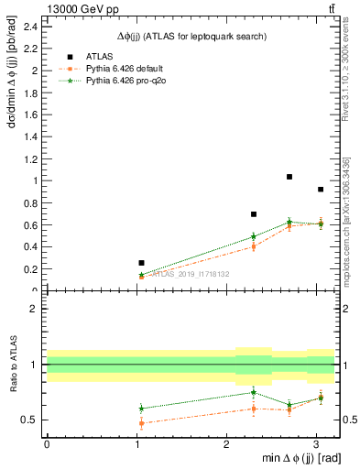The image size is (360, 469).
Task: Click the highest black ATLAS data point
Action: click(289, 177)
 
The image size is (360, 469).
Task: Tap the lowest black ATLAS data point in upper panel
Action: click(141, 263)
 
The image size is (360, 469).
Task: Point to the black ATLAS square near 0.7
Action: click(254, 214)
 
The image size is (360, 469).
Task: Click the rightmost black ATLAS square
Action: click(320, 190)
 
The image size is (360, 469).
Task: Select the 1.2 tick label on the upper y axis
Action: click(32, 158)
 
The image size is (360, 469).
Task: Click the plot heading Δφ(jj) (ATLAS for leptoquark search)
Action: click(191, 37)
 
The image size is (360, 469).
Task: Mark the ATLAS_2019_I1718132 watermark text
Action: click(191, 274)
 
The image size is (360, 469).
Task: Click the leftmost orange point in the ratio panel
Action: click(141, 423)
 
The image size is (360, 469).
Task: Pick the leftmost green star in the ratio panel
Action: click(141, 409)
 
